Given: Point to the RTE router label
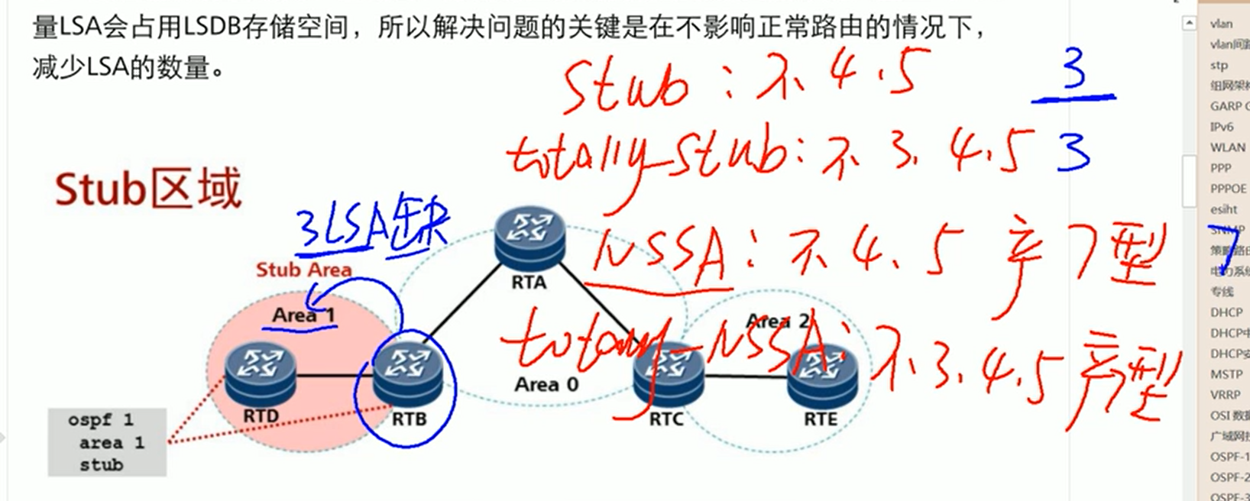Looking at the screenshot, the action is (821, 419).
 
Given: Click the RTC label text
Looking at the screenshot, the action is (665, 419).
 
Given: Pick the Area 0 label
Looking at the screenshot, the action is (546, 385).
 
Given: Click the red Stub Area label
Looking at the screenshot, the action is (303, 270).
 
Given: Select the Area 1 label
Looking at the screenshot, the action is (303, 315).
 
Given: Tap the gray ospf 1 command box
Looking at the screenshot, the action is (107, 442).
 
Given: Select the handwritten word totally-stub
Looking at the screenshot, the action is (646, 156).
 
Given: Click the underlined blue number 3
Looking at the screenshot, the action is (1074, 76).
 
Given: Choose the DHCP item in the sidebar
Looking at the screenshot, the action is (1226, 312).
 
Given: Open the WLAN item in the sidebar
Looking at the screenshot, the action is (1227, 147).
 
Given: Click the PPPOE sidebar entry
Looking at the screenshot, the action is (1228, 189).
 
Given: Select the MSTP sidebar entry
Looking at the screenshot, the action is (1226, 374).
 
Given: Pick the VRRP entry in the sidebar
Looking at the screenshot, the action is (1226, 395).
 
